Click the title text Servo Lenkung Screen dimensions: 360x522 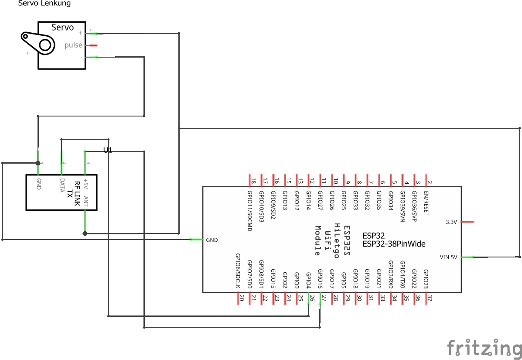44,3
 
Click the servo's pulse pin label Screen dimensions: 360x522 73,45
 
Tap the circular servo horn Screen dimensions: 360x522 45,45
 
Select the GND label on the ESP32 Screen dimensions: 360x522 212,240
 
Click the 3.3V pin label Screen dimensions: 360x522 451,222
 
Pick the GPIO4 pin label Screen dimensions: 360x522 309,280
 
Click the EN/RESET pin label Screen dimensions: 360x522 426,204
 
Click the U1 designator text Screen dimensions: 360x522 108,150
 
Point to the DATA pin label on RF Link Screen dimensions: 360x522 62,186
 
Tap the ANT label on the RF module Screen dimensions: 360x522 86,202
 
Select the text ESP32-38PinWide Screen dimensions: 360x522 393,244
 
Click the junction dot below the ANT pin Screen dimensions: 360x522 85,234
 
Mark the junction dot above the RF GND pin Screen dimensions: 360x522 38,163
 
